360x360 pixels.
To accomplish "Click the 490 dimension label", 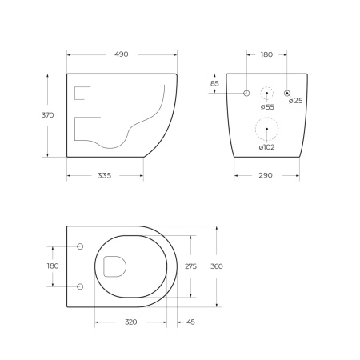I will [122, 54].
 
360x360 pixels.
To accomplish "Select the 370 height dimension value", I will [47, 115].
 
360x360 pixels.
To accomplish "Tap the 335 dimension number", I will [104, 175].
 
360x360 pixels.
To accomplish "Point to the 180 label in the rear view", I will [266, 54].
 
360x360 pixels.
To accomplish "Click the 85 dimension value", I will [214, 83].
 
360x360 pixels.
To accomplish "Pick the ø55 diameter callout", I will [267, 106].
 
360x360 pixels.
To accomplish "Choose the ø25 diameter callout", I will [295, 101].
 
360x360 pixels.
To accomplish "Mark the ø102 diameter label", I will [266, 147].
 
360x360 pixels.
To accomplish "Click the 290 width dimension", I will [268, 175].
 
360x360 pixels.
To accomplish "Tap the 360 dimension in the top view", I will [216, 266].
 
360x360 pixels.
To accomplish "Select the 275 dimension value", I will [190, 266].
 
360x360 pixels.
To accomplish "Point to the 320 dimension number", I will [130, 322].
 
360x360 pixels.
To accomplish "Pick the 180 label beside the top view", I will [53, 266].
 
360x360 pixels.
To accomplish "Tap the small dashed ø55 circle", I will [267, 94].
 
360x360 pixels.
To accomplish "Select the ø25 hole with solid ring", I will [287, 94].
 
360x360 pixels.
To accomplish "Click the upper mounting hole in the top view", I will [80, 246].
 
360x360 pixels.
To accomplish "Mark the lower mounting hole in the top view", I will [80, 286].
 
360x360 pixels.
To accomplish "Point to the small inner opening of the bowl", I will [114, 266].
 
